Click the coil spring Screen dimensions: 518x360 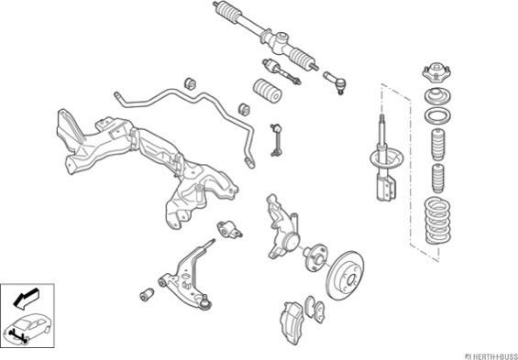(437, 221)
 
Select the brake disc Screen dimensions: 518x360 (345, 275)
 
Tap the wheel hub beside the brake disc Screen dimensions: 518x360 (314, 257)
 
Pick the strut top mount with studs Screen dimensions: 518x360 (436, 73)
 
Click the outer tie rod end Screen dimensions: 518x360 (335, 82)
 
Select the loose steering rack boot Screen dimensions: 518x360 (268, 90)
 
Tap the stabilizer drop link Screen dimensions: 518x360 (276, 140)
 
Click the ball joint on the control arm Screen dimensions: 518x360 (205, 301)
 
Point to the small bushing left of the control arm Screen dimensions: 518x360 (147, 294)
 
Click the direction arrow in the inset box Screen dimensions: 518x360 (26, 299)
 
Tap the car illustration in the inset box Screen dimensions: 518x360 (28, 328)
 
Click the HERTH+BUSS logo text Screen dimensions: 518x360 (493, 356)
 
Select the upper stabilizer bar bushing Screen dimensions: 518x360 (190, 82)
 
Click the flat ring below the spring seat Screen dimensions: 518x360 (437, 115)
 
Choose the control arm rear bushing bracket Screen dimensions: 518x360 (229, 229)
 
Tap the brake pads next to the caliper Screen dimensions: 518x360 (314, 309)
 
